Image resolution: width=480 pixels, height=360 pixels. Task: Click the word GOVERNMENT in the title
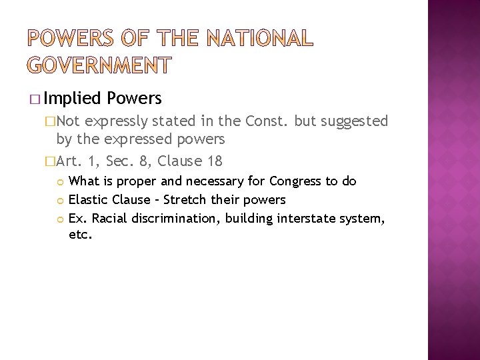(x=100, y=65)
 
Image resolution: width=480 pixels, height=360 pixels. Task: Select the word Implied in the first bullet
(x=74, y=99)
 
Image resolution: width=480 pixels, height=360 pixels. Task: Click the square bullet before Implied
(x=34, y=99)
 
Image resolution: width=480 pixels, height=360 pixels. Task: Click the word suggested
(x=355, y=121)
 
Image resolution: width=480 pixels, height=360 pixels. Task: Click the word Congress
(x=292, y=181)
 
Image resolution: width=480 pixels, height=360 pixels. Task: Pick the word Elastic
(x=89, y=199)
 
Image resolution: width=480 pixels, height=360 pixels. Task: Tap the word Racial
(x=111, y=217)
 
